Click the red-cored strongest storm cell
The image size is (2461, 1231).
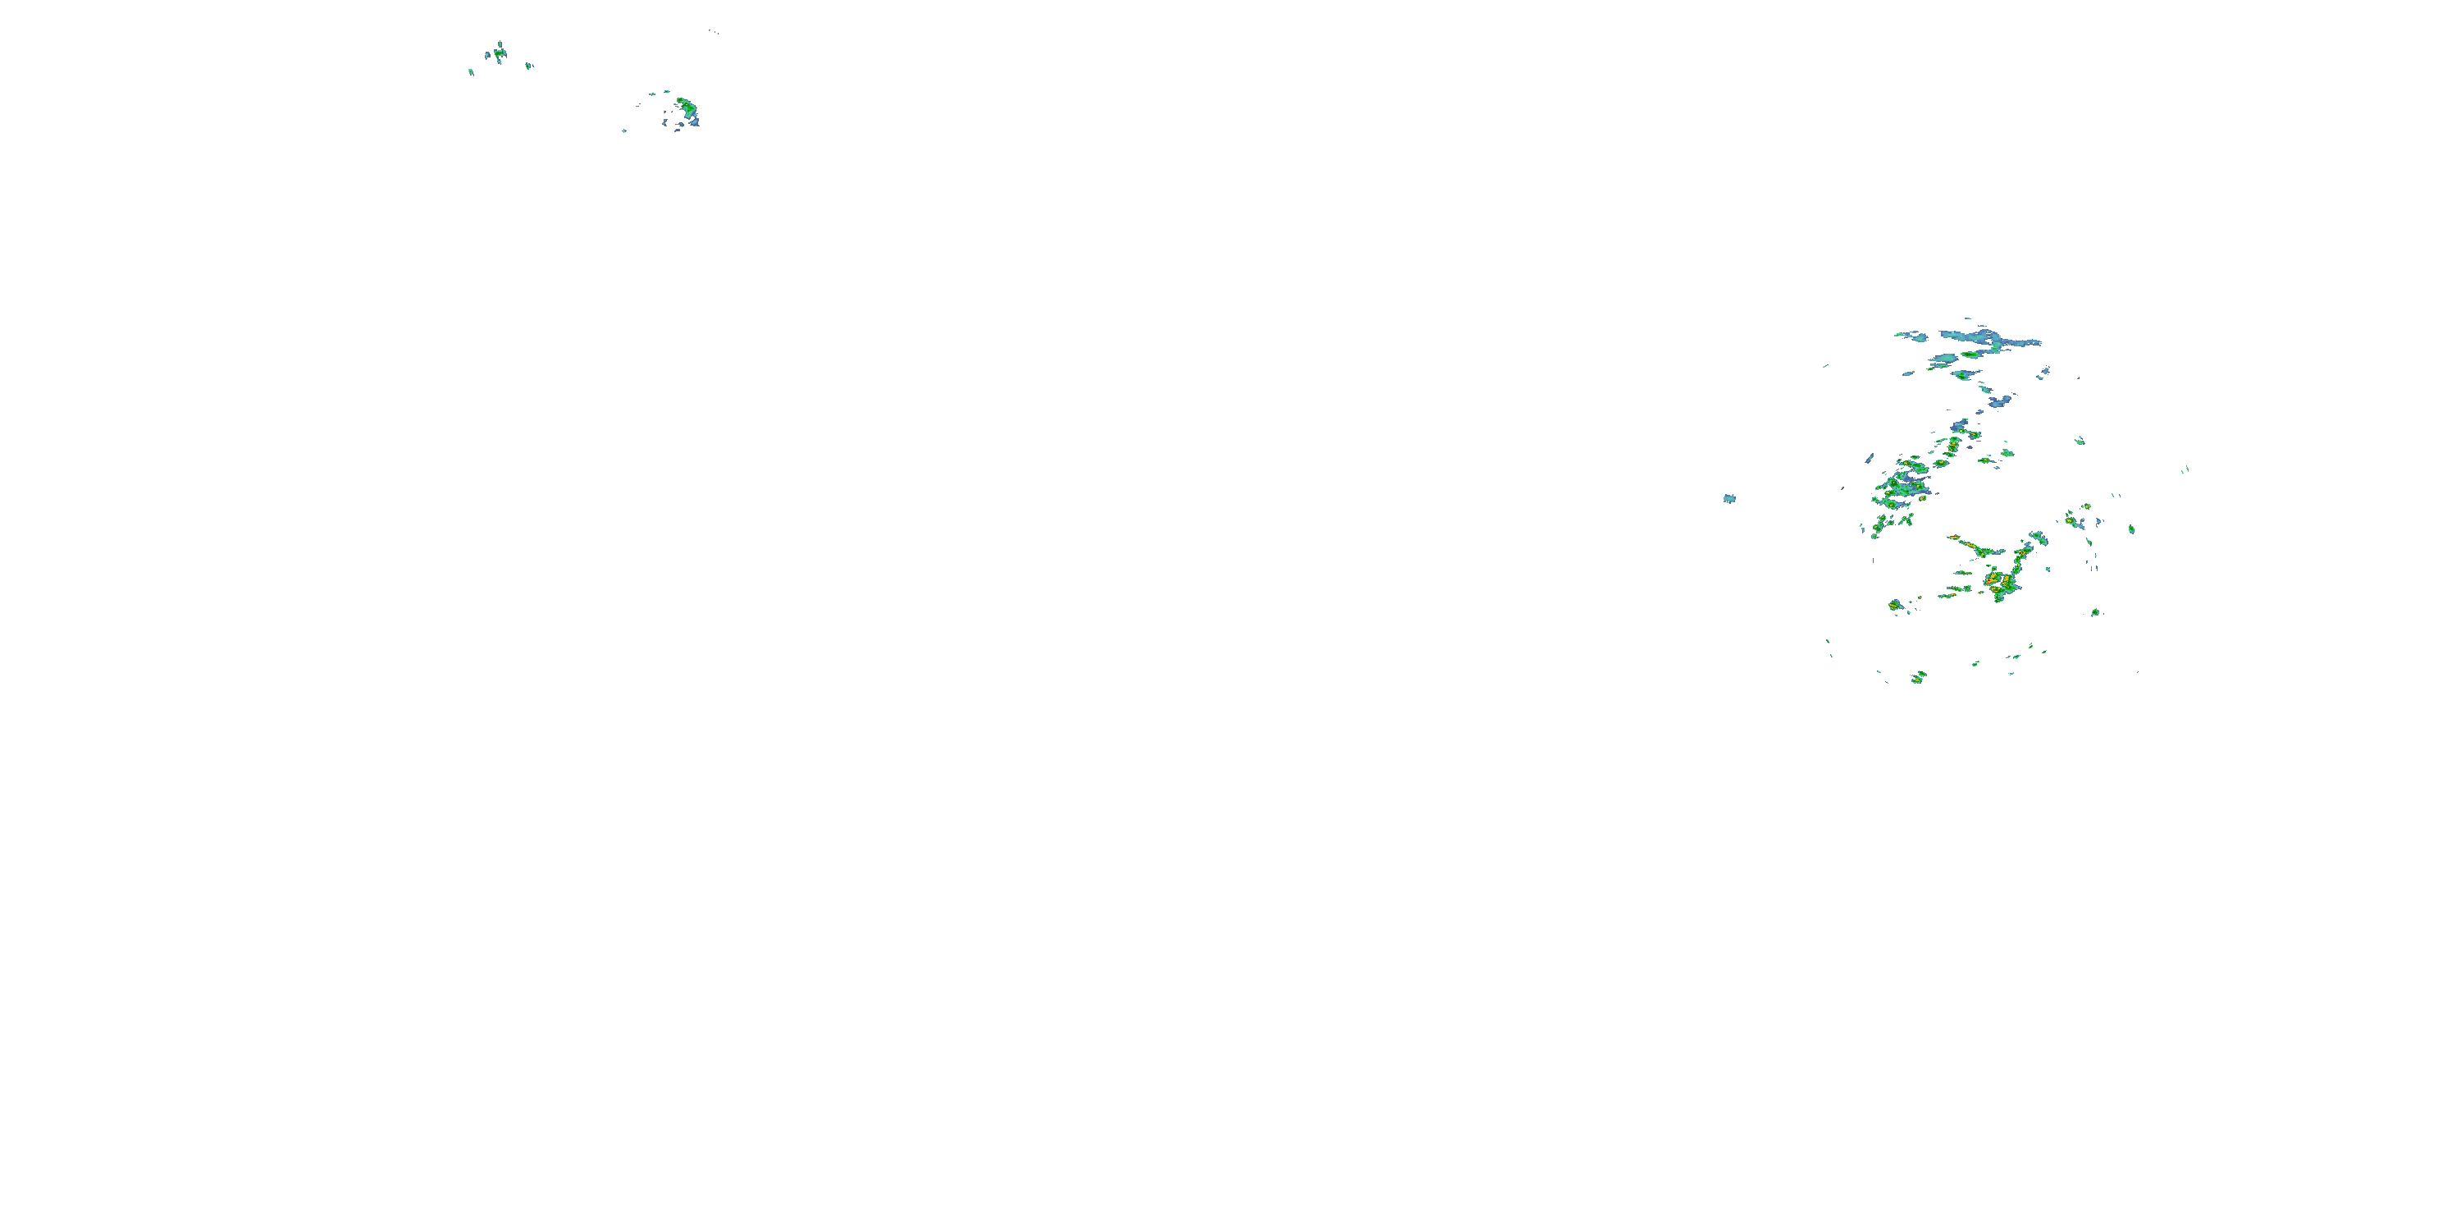click(1993, 579)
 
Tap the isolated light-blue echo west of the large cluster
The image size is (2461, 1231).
click(1728, 498)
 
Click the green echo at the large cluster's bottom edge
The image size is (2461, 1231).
click(1917, 678)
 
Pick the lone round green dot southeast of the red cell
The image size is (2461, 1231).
click(2095, 611)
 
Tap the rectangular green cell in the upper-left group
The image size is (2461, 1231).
click(499, 53)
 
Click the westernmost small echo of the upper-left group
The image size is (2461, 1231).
click(470, 71)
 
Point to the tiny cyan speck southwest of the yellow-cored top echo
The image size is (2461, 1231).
click(623, 130)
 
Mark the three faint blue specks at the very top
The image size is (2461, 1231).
click(713, 31)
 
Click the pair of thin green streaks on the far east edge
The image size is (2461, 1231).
click(2186, 469)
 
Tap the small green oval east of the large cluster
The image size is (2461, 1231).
click(2131, 529)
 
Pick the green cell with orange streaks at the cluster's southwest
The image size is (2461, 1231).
click(1896, 605)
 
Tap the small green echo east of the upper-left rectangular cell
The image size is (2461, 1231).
click(529, 65)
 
